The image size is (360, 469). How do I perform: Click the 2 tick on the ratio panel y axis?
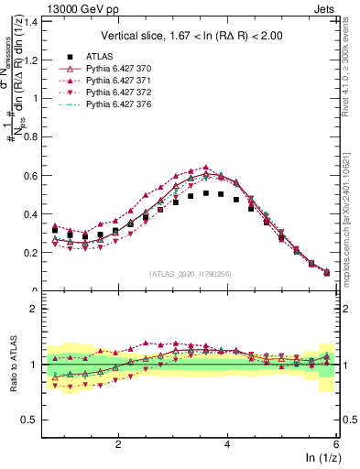tap(39, 309)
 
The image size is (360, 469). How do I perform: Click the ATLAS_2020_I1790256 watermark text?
tap(191, 274)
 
